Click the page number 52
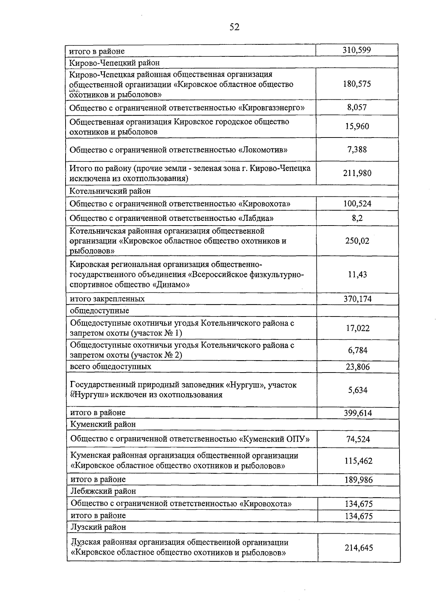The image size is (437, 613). click(234, 27)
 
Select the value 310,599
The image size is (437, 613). click(357, 50)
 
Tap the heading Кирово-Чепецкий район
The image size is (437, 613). click(114, 63)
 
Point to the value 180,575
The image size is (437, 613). click(357, 84)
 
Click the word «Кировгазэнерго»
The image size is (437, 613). click(271, 108)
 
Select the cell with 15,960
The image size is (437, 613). click(357, 127)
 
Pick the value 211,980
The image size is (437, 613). click(357, 173)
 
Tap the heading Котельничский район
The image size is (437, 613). click(110, 191)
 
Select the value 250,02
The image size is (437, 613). click(357, 241)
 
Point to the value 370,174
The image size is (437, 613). click(357, 299)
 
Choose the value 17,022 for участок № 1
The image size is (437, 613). click(358, 329)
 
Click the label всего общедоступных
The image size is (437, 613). click(110, 366)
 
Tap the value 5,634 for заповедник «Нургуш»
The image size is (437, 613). click(358, 390)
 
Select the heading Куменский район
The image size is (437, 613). click(103, 424)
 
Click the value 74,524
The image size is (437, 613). click(358, 439)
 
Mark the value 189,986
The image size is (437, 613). click(358, 480)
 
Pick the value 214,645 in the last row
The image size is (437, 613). click(359, 548)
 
